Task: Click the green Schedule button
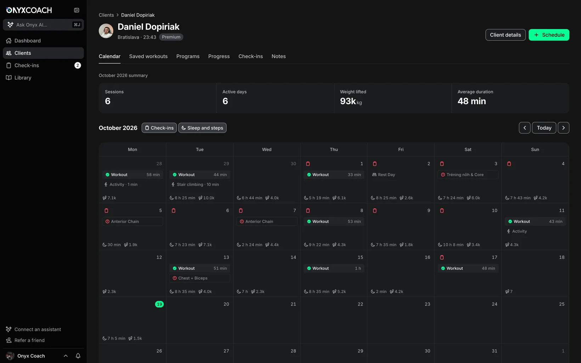[x=549, y=35]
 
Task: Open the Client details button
[x=505, y=35]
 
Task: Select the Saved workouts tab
[x=148, y=56]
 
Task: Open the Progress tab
[x=219, y=56]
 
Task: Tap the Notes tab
[x=278, y=56]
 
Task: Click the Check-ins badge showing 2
[x=78, y=65]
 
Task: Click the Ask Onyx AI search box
[x=43, y=25]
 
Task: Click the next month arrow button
[x=563, y=128]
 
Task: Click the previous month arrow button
[x=524, y=128]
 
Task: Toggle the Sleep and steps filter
[x=202, y=128]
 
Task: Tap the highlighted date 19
[x=159, y=304]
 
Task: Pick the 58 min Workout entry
[x=132, y=175]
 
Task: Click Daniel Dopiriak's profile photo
[x=106, y=31]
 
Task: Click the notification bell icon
[x=78, y=356]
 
